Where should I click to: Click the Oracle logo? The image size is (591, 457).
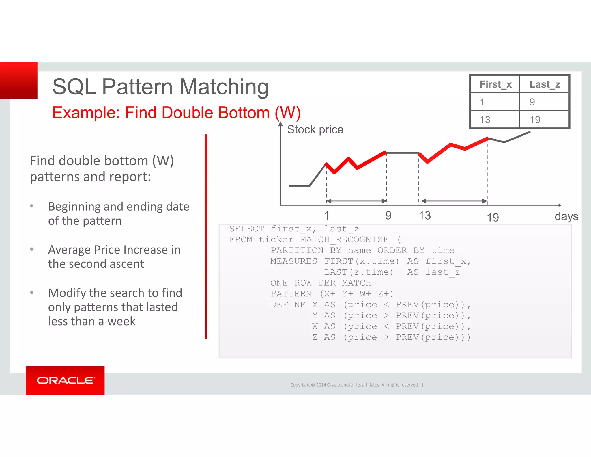[65, 380]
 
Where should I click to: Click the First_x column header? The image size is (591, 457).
[495, 84]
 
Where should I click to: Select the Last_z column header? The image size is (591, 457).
[545, 84]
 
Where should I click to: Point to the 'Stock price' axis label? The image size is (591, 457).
[315, 129]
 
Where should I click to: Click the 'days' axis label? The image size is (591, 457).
[566, 216]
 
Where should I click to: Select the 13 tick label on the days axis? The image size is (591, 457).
[424, 216]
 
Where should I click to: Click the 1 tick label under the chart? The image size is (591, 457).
[326, 216]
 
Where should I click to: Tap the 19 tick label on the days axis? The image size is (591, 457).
[493, 217]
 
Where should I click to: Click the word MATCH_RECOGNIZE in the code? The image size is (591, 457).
[344, 239]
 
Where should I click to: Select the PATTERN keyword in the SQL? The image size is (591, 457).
[291, 294]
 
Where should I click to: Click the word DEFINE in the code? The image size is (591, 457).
[288, 304]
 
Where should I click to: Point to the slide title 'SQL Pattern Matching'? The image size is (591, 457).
[160, 86]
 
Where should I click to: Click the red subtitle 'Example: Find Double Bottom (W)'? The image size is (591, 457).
[176, 113]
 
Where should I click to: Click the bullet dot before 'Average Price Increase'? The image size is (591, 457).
[32, 249]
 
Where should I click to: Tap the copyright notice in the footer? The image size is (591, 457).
[354, 385]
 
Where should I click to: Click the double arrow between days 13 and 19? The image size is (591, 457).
[454, 201]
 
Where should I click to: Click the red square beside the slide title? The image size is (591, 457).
[19, 80]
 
